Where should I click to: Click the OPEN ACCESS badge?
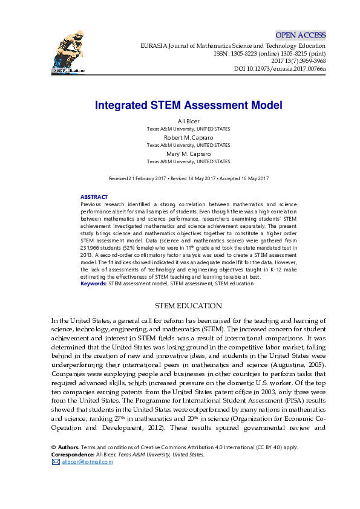click(x=301, y=35)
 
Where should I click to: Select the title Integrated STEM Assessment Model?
click(x=188, y=105)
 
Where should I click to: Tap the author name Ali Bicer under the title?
click(x=188, y=121)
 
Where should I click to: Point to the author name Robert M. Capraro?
click(x=188, y=137)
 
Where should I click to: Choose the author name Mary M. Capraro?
click(x=188, y=154)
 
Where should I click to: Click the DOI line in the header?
click(x=280, y=69)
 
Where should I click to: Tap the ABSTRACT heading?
click(x=94, y=197)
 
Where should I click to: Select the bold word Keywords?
click(x=93, y=283)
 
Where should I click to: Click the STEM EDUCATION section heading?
click(x=188, y=305)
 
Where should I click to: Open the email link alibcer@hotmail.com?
click(x=87, y=462)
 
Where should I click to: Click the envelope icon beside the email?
click(x=56, y=462)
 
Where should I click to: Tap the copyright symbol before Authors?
click(x=53, y=447)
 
